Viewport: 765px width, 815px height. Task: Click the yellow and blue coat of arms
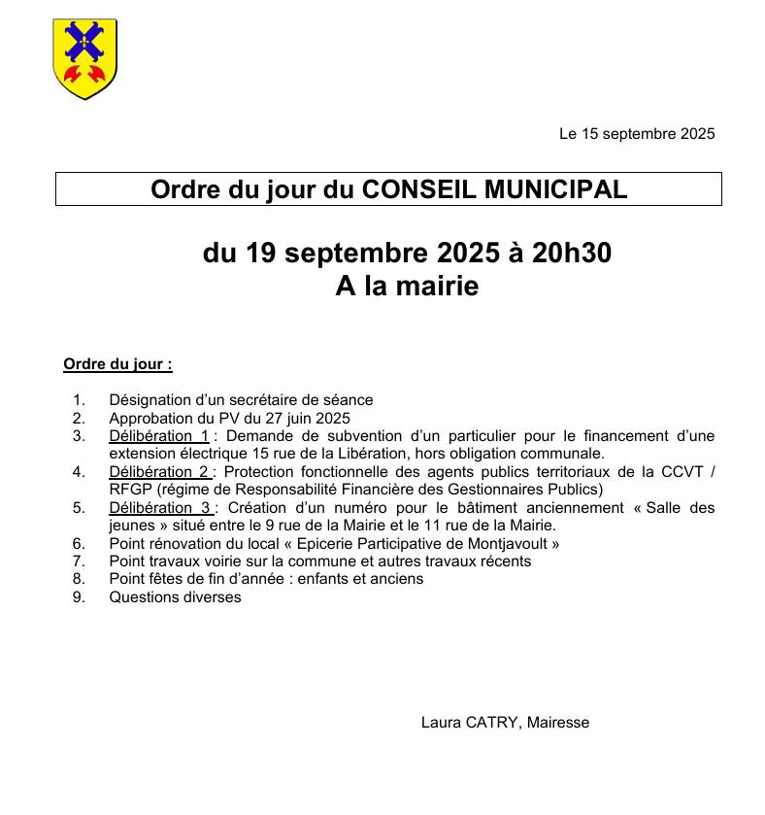coord(84,58)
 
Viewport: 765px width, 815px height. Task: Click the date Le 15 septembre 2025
coord(636,134)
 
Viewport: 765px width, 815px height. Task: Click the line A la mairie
coord(407,287)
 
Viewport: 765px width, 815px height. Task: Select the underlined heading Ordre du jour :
coord(117,365)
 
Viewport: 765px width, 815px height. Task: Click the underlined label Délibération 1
coord(159,436)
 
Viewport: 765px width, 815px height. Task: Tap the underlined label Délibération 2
coord(159,472)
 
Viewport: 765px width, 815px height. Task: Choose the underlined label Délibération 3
coord(159,508)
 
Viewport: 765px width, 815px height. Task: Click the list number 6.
coord(79,544)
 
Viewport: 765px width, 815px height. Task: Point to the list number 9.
coord(79,597)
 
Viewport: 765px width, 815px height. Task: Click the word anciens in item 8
coord(396,579)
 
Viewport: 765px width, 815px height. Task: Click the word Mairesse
coord(557,723)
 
